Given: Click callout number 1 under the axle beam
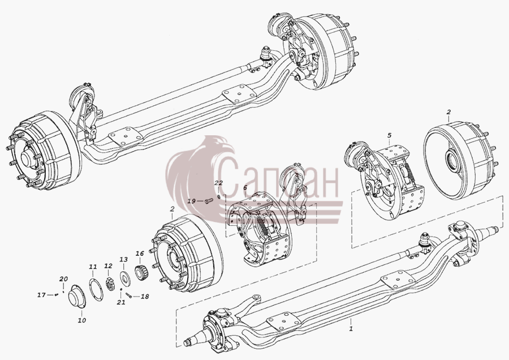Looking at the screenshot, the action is [x=351, y=328].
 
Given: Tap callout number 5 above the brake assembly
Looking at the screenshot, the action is [x=390, y=135].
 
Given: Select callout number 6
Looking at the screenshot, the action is [x=245, y=187].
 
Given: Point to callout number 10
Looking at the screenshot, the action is [x=82, y=320].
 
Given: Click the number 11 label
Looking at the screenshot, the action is [x=93, y=267].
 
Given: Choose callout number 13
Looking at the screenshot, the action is [x=123, y=259].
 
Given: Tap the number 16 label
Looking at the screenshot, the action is [x=140, y=253].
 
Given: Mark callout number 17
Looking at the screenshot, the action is [x=41, y=295].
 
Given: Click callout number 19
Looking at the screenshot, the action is [x=192, y=201].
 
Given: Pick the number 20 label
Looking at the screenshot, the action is [x=63, y=278].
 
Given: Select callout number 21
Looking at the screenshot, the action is [x=121, y=303].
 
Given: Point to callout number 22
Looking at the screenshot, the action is [x=218, y=183].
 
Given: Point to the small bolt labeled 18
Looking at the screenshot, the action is [x=128, y=295].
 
